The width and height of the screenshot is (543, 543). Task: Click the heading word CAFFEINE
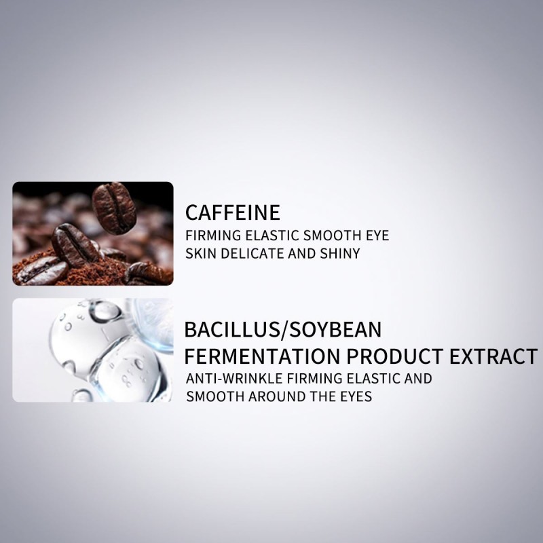tap(232, 212)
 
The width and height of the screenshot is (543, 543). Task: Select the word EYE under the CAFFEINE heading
tap(376, 237)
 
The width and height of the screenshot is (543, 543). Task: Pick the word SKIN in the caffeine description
tap(201, 254)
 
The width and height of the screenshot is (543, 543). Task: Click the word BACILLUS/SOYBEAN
tap(283, 331)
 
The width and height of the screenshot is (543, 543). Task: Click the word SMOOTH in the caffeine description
tap(330, 237)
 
